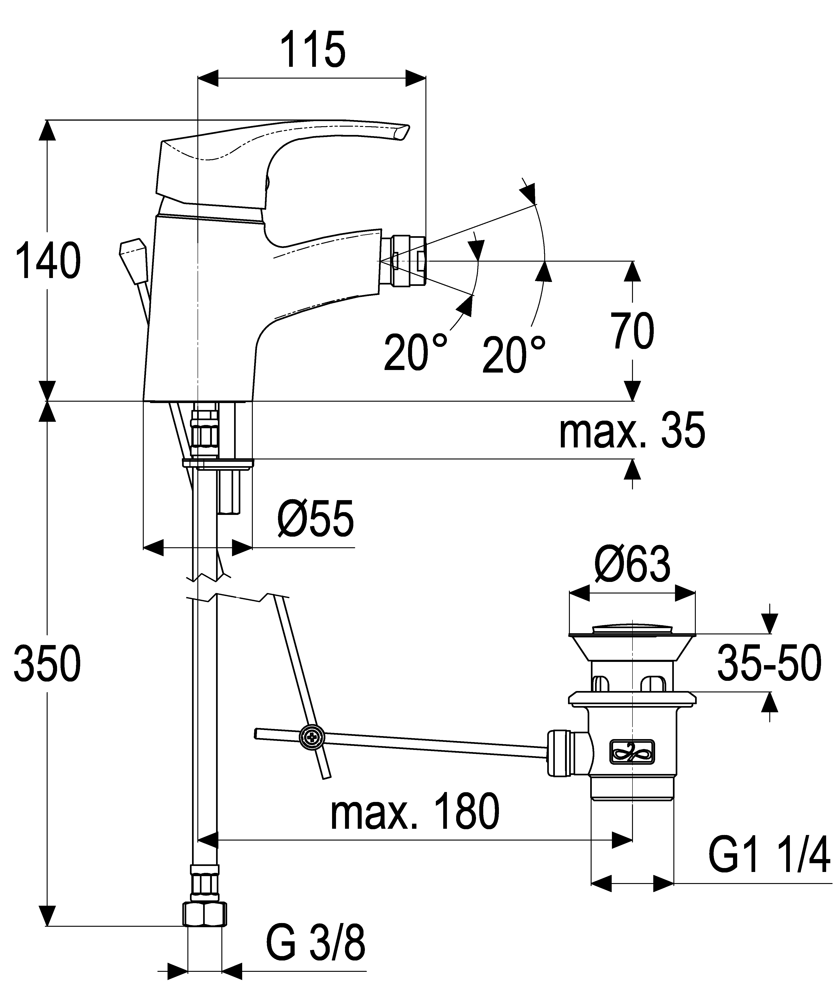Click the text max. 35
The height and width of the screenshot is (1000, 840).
(x=632, y=431)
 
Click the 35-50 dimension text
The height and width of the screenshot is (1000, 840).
(x=769, y=663)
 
